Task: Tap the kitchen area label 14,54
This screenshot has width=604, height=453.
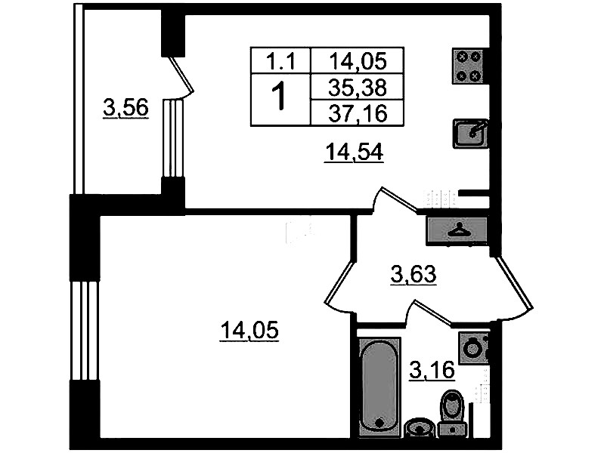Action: coord(355,152)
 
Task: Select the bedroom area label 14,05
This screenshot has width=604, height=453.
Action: coord(249,331)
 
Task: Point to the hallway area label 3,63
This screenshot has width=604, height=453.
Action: coord(414,275)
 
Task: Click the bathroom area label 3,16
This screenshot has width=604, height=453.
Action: coord(432,371)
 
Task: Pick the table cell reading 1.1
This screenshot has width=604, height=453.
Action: coord(280,61)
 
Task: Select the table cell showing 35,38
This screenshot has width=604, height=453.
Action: coord(357,88)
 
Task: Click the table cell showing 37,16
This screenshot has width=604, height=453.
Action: coord(357,113)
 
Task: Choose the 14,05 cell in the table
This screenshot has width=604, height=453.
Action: coord(357,61)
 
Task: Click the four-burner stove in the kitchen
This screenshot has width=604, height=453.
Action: coord(467,66)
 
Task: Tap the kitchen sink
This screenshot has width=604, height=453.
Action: coord(470,134)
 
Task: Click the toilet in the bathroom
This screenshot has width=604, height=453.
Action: coord(453,414)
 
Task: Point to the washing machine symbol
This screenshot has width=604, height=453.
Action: coord(473,348)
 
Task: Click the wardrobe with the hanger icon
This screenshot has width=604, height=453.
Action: coord(457,231)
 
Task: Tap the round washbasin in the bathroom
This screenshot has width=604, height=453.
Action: coord(420,428)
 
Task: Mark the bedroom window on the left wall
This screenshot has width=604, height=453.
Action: coord(85,331)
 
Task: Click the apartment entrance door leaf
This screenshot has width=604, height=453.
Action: coord(514,282)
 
